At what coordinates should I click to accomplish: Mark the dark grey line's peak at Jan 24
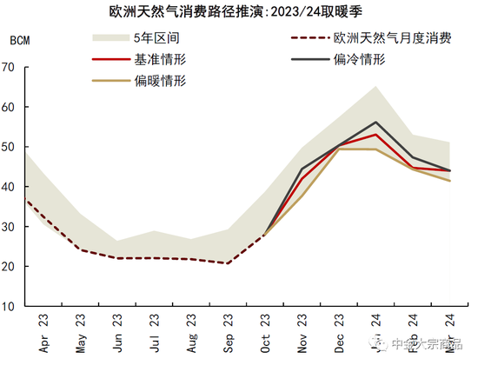click(375, 123)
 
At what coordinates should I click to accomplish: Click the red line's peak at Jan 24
click(375, 135)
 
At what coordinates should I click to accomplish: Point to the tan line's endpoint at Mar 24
click(450, 181)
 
